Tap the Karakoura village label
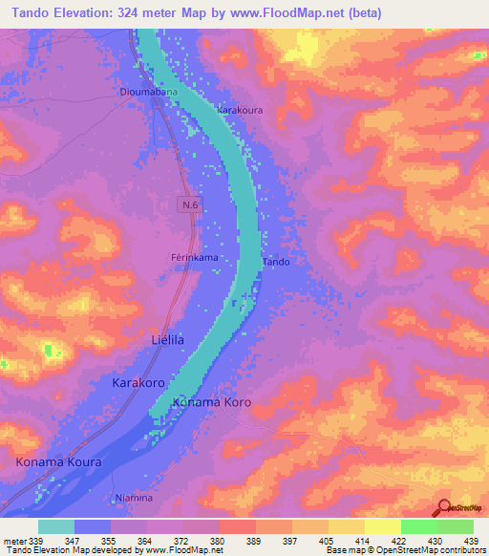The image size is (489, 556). pos(240,111)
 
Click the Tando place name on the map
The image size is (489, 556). pos(276,261)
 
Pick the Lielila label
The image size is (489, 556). pos(168,339)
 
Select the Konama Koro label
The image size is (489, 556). pos(211,403)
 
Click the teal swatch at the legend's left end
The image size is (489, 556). pos(56,526)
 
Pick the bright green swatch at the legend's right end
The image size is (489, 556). pos(455,526)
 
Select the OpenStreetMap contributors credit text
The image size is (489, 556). pos(433,550)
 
